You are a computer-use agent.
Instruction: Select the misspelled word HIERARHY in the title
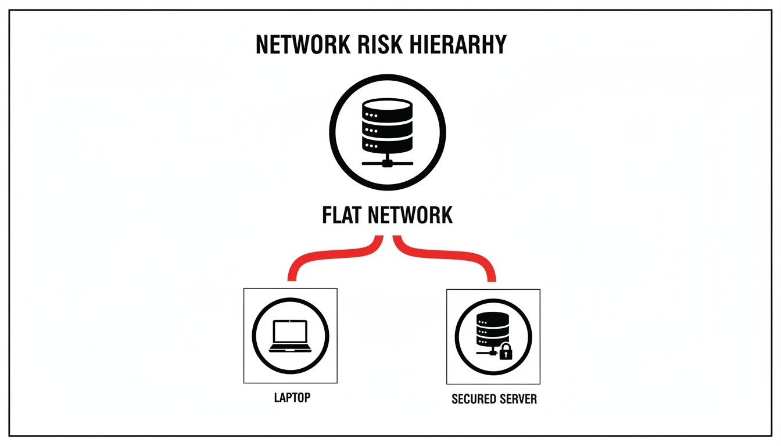tap(453, 45)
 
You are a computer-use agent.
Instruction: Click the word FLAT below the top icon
tap(343, 215)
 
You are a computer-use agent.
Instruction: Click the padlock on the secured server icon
tap(506, 351)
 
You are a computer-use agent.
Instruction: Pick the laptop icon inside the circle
tap(290, 336)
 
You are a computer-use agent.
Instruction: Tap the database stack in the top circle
tap(387, 125)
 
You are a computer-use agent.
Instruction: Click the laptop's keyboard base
tap(290, 348)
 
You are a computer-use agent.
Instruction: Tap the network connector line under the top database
tap(387, 162)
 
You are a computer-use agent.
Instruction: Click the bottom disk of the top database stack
tap(387, 143)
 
